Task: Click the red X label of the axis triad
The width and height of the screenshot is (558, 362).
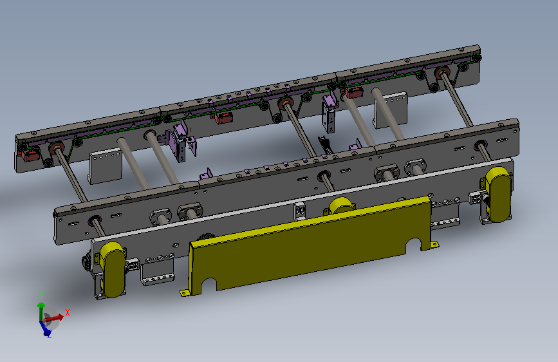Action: (x=68, y=313)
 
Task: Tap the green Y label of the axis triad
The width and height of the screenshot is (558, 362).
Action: (x=41, y=296)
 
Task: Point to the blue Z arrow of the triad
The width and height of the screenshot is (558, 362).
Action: (x=45, y=328)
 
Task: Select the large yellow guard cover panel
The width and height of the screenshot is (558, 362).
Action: (x=310, y=246)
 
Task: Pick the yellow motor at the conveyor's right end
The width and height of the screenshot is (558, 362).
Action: (x=498, y=195)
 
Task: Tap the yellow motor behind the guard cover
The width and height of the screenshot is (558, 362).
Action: (x=341, y=206)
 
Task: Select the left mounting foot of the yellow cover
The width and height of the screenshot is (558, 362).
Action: (x=183, y=293)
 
